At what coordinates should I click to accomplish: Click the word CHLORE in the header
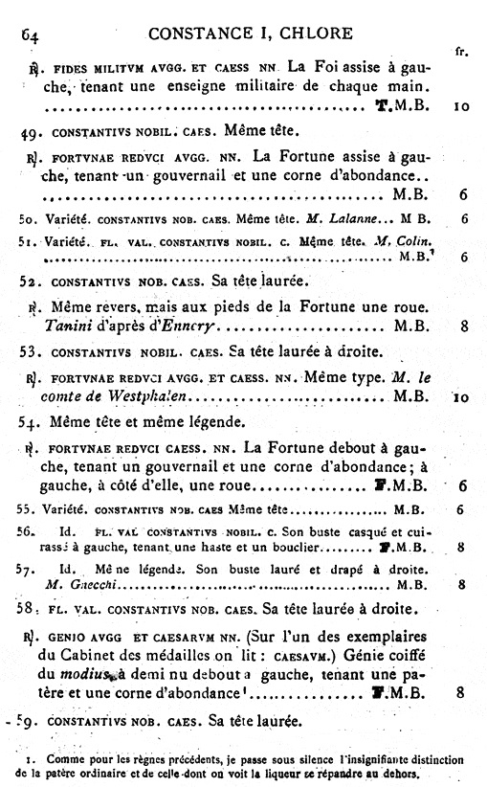pos(317,34)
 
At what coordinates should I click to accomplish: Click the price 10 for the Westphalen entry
pos(459,396)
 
